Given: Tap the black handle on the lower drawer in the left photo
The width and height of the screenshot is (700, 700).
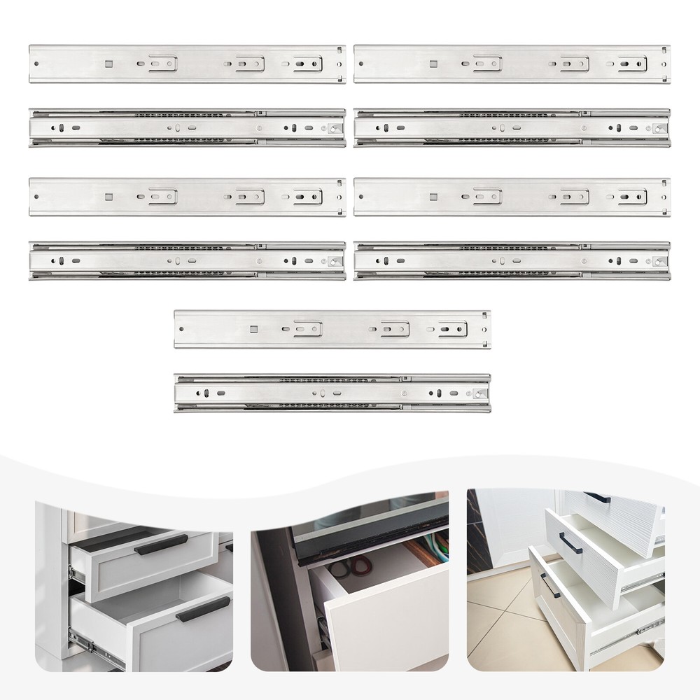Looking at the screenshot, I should click(203, 609).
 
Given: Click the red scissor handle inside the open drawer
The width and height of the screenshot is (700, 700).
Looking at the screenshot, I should click(359, 564).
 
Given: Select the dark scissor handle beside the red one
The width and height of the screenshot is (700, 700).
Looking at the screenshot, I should click(340, 568).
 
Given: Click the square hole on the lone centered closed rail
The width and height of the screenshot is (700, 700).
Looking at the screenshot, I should click(253, 329).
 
